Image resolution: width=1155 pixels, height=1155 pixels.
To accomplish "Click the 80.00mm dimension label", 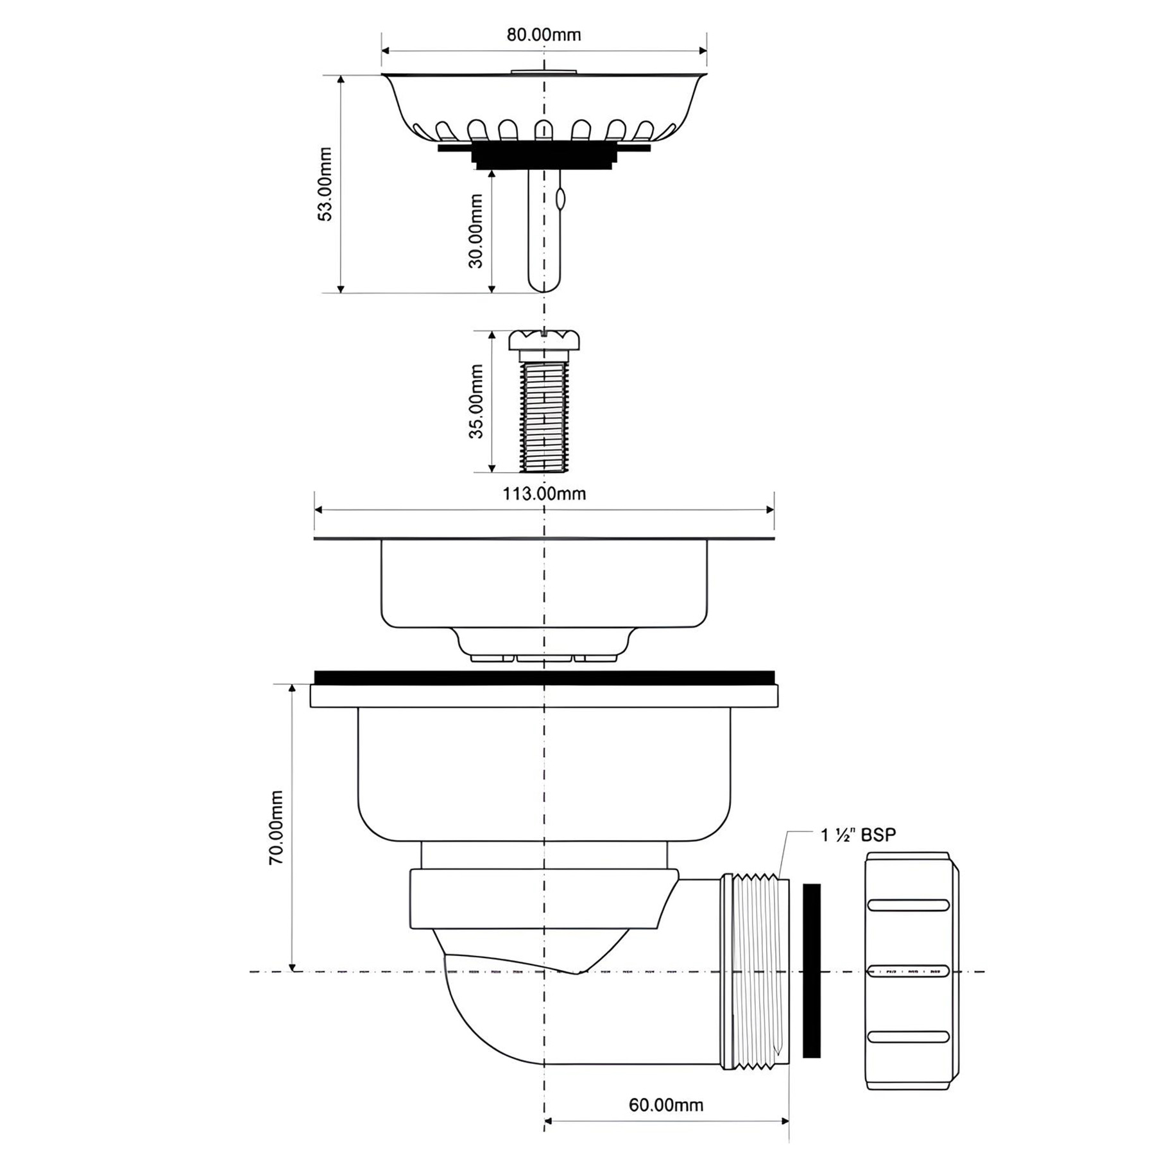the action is click(543, 35).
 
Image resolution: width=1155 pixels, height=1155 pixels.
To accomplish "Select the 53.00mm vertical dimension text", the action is click(326, 184).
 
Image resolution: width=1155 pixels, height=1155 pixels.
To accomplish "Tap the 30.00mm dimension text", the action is click(475, 231).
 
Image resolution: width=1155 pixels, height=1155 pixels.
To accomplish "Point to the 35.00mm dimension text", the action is click(475, 401).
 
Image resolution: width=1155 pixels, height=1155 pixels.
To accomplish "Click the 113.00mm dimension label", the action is click(544, 493).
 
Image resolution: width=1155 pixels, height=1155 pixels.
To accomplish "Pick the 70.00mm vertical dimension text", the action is click(276, 827).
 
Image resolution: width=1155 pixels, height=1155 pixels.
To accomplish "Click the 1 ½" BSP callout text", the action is click(858, 835).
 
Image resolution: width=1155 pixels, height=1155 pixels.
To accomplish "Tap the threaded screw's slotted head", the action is click(544, 340).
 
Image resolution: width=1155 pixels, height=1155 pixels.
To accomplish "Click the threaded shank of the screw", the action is click(544, 417).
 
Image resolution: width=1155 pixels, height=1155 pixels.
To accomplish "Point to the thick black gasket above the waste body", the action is click(544, 678).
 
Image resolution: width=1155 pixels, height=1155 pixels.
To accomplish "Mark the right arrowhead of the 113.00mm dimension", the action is click(770, 510).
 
